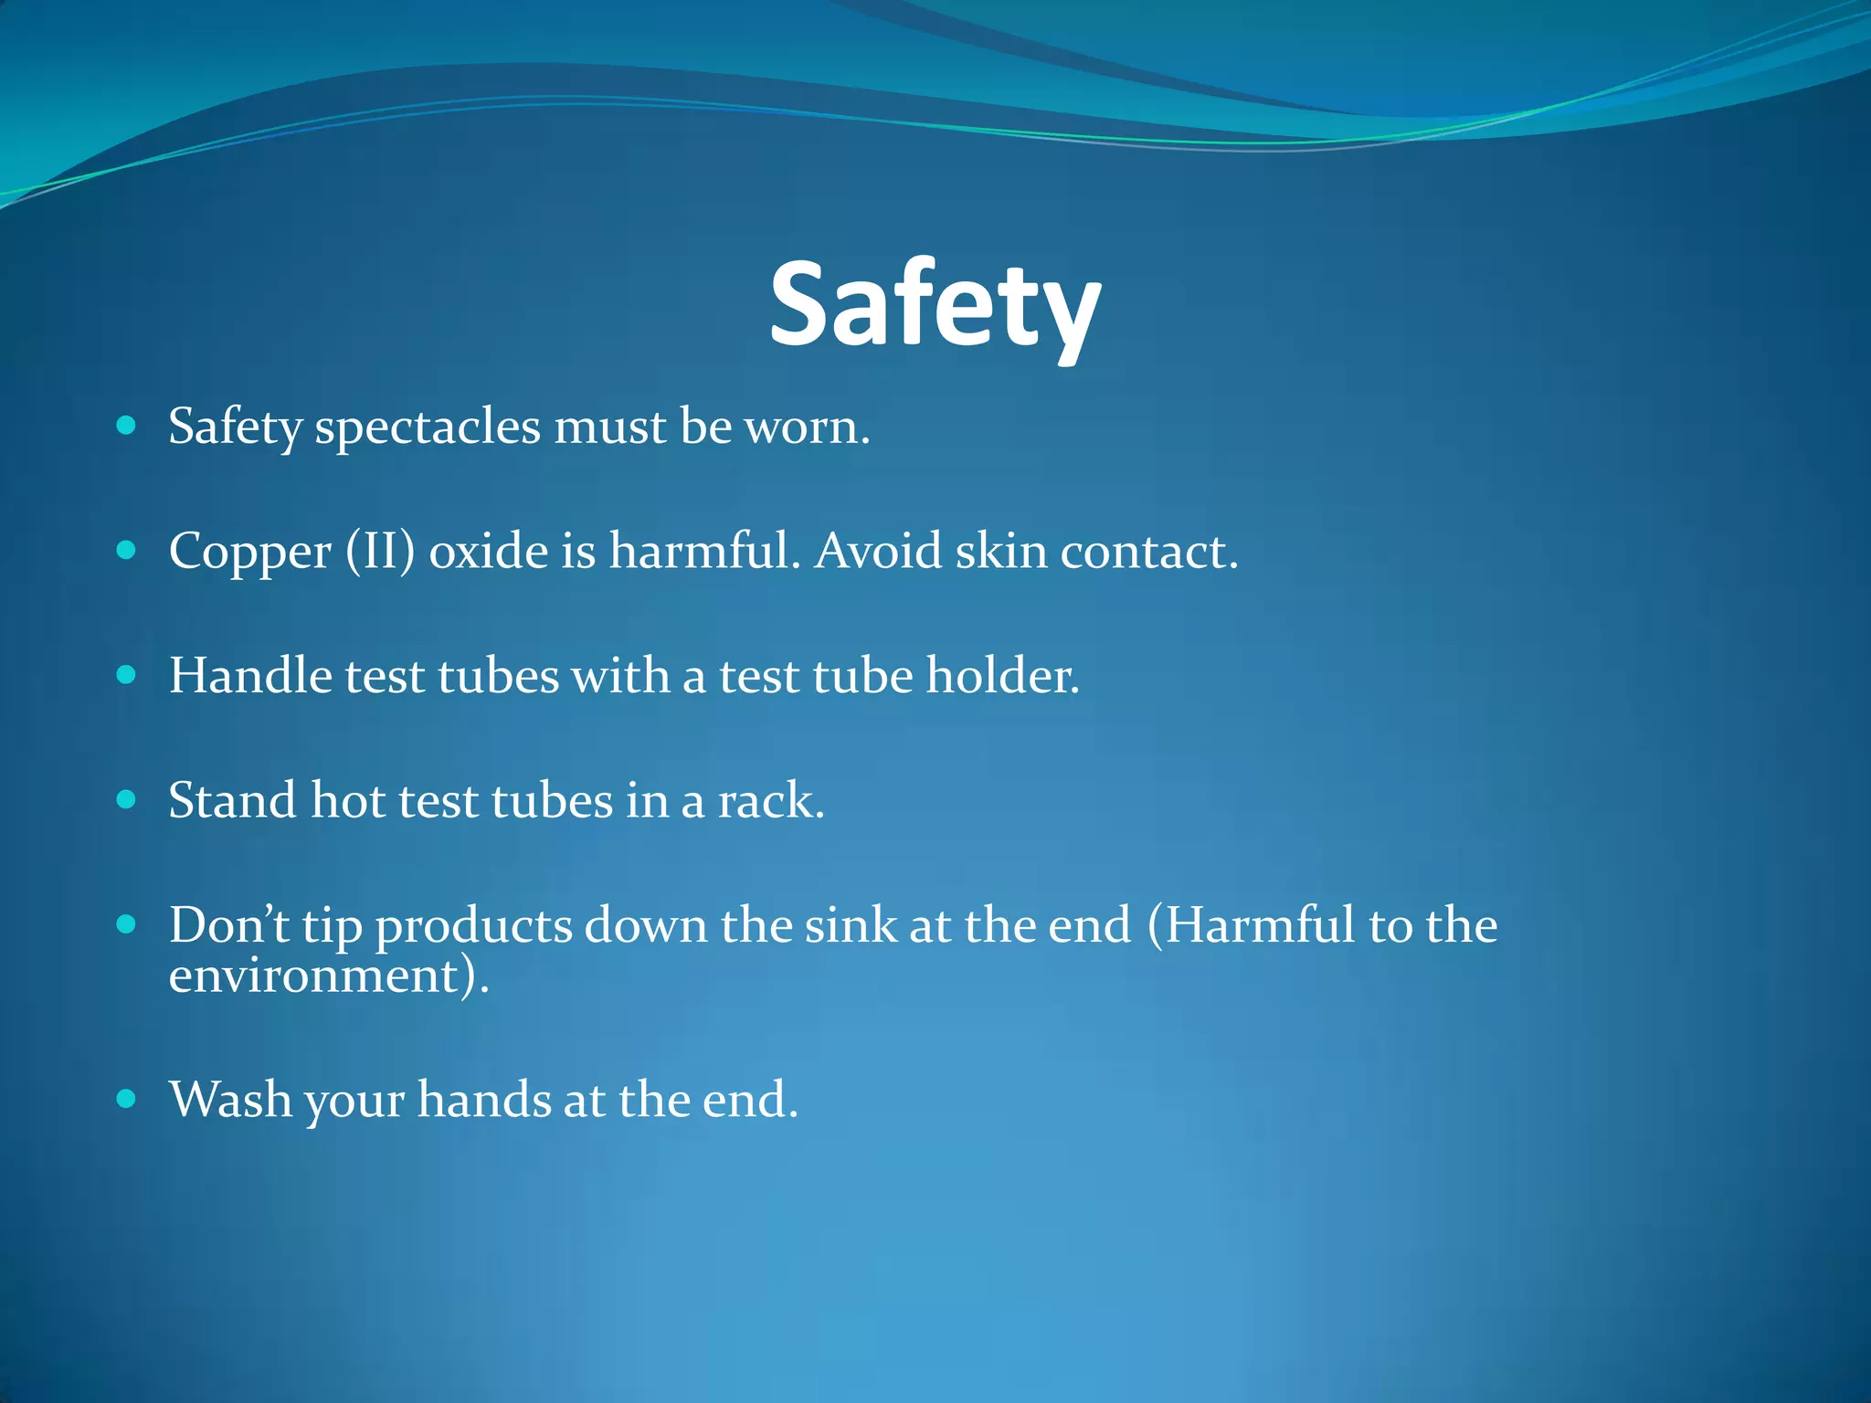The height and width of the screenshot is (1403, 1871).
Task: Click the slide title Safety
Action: (x=935, y=304)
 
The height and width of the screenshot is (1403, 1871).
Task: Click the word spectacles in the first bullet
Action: (x=428, y=427)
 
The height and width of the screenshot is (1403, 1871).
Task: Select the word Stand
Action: (x=233, y=801)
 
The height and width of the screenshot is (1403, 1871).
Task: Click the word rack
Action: (x=770, y=801)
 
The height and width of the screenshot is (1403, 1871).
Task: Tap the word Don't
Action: (x=228, y=924)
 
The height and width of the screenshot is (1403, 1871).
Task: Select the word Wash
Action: (x=230, y=1099)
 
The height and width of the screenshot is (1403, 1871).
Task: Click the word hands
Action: (x=483, y=1099)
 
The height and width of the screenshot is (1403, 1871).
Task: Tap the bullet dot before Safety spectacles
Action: (x=127, y=426)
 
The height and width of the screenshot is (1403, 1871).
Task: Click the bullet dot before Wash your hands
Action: (x=127, y=1098)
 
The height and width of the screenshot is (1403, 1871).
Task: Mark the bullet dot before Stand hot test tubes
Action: (x=127, y=800)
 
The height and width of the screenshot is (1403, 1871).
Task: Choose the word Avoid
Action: (x=878, y=552)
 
